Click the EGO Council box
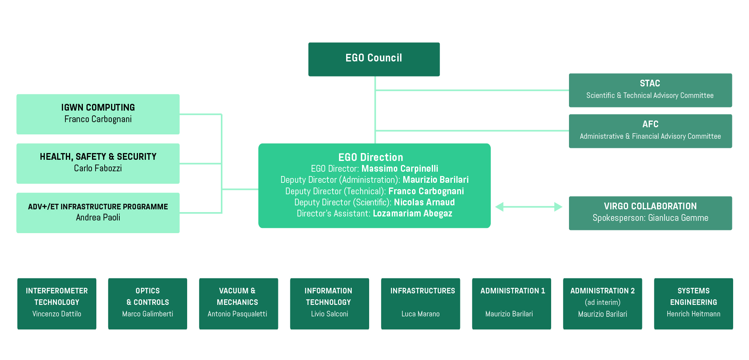pyautogui.click(x=374, y=59)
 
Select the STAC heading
pyautogui.click(x=649, y=84)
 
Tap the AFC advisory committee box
pyautogui.click(x=650, y=131)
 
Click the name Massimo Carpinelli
pyautogui.click(x=400, y=169)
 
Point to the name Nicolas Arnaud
pyautogui.click(x=424, y=202)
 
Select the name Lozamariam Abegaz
pyautogui.click(x=412, y=213)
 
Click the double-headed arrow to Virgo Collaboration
pyautogui.click(x=529, y=207)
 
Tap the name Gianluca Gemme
pyautogui.click(x=678, y=218)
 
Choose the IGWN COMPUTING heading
pyautogui.click(x=98, y=107)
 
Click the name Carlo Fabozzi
pyautogui.click(x=98, y=168)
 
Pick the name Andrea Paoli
pyautogui.click(x=98, y=217)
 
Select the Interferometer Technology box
pyautogui.click(x=57, y=303)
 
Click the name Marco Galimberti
pyautogui.click(x=148, y=314)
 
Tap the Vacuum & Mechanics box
pyautogui.click(x=238, y=303)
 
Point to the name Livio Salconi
pyautogui.click(x=329, y=314)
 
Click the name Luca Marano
pyautogui.click(x=420, y=314)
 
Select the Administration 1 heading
pyautogui.click(x=512, y=291)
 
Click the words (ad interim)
pyautogui.click(x=602, y=302)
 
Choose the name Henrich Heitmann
pyautogui.click(x=693, y=314)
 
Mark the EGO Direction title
pyautogui.click(x=370, y=157)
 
